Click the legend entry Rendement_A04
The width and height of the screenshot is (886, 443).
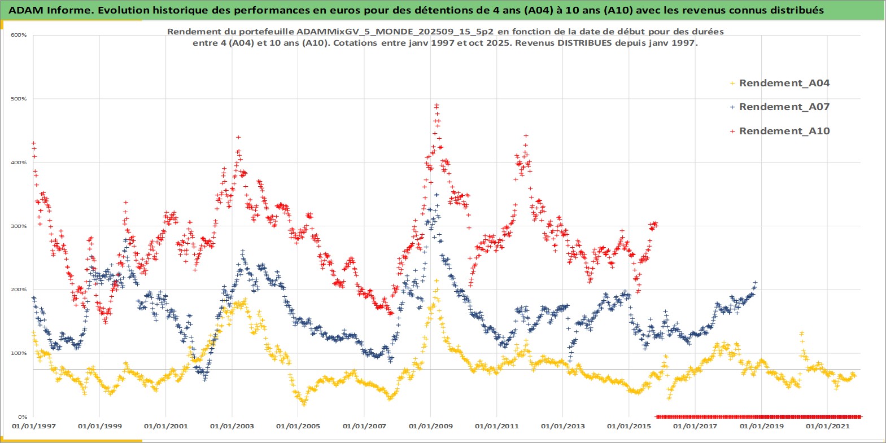tap(784, 83)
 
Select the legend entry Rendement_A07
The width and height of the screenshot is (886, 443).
tap(784, 107)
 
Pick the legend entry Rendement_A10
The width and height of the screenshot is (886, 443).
tap(784, 131)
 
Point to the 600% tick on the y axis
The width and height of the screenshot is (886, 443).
tap(19, 35)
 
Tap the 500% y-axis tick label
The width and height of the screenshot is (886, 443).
tap(19, 99)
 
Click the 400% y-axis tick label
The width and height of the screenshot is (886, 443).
tap(19, 163)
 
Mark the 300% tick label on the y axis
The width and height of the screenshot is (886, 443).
tap(19, 226)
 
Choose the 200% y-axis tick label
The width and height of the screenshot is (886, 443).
tap(19, 290)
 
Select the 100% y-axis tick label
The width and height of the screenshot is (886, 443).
tap(19, 353)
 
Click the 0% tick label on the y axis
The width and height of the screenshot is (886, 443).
tap(22, 417)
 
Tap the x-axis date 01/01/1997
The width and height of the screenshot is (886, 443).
tap(34, 426)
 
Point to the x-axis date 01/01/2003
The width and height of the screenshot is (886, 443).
tap(232, 426)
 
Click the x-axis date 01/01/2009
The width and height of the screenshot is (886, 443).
tap(431, 426)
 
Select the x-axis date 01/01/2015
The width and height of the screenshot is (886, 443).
tap(629, 426)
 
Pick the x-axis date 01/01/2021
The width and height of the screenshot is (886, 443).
tap(827, 426)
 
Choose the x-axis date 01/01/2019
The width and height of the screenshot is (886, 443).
tap(761, 426)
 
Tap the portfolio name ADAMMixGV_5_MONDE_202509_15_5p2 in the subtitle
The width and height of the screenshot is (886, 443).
tap(395, 32)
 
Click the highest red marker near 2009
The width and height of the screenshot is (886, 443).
tap(437, 105)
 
